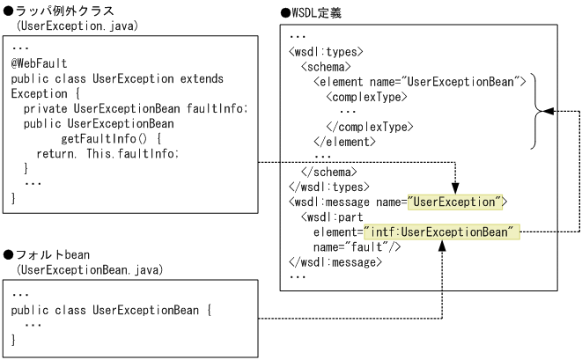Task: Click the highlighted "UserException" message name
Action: [x=454, y=202]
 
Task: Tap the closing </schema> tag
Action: [x=329, y=172]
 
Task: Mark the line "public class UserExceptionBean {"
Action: [x=113, y=311]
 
